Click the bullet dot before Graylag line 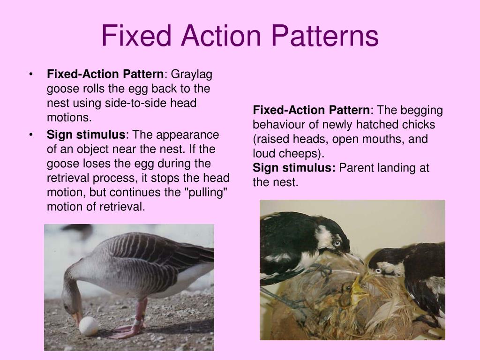click(31, 74)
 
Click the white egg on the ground click(89, 326)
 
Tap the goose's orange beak click(76, 319)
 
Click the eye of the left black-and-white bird click(337, 243)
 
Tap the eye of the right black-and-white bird click(378, 270)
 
